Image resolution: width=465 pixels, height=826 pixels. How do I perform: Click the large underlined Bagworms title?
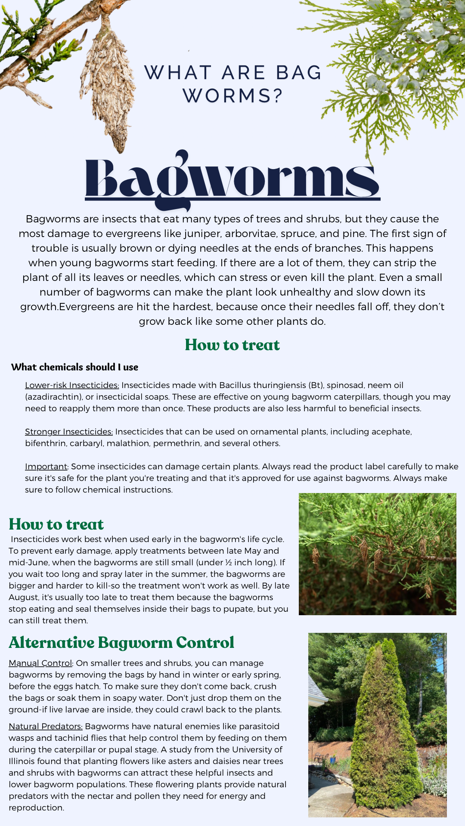pyautogui.click(x=232, y=179)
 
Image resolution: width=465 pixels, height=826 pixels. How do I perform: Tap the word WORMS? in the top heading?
pyautogui.click(x=232, y=96)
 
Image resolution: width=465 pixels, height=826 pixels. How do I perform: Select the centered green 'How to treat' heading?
pyautogui.click(x=232, y=345)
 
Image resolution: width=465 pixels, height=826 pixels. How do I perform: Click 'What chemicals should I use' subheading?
pyautogui.click(x=75, y=367)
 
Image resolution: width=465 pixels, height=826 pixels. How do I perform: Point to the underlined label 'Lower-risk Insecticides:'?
pyautogui.click(x=72, y=385)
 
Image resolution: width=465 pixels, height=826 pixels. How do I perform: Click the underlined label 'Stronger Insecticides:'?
pyautogui.click(x=69, y=431)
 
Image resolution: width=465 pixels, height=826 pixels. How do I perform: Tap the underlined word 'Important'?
pyautogui.click(x=46, y=466)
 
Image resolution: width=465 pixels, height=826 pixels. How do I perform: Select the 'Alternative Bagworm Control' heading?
pyautogui.click(x=121, y=642)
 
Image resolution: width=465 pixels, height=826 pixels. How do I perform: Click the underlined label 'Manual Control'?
pyautogui.click(x=40, y=663)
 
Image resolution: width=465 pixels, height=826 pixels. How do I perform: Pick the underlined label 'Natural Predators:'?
pyautogui.click(x=46, y=726)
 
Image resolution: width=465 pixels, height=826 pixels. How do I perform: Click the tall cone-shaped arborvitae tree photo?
pyautogui.click(x=378, y=724)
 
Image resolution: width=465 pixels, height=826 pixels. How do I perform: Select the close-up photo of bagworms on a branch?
pyautogui.click(x=378, y=554)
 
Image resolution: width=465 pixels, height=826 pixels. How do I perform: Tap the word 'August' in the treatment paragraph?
pyautogui.click(x=24, y=597)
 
